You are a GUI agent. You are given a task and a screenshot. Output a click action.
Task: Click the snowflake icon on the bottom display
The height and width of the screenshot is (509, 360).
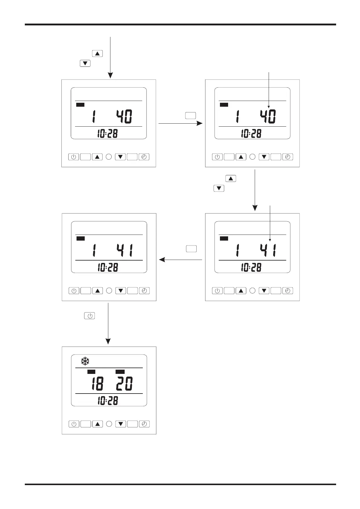point(85,361)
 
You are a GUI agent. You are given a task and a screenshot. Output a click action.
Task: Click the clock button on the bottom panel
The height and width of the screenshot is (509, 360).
point(144,424)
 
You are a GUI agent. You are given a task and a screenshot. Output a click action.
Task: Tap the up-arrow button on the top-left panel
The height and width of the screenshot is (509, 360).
point(97,157)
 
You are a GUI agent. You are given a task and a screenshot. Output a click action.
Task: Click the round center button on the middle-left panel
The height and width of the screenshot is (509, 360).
point(109,291)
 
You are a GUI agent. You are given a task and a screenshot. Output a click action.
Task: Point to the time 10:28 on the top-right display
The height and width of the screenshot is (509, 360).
point(251,134)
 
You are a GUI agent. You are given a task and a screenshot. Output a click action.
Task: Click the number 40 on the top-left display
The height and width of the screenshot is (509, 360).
point(124,117)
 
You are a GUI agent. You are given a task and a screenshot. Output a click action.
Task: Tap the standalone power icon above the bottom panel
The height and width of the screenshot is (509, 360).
point(90,316)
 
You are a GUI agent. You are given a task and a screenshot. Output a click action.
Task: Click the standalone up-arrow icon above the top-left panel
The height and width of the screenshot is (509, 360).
point(97,54)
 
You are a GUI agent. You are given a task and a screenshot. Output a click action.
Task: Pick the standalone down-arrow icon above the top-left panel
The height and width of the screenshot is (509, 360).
point(85,63)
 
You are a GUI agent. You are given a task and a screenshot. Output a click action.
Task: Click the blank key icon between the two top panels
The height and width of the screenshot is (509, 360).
point(191,115)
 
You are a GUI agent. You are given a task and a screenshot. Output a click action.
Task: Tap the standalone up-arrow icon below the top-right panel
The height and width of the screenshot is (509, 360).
point(231,179)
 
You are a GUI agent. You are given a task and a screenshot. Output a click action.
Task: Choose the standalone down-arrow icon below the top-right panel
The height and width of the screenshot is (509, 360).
point(219,189)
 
